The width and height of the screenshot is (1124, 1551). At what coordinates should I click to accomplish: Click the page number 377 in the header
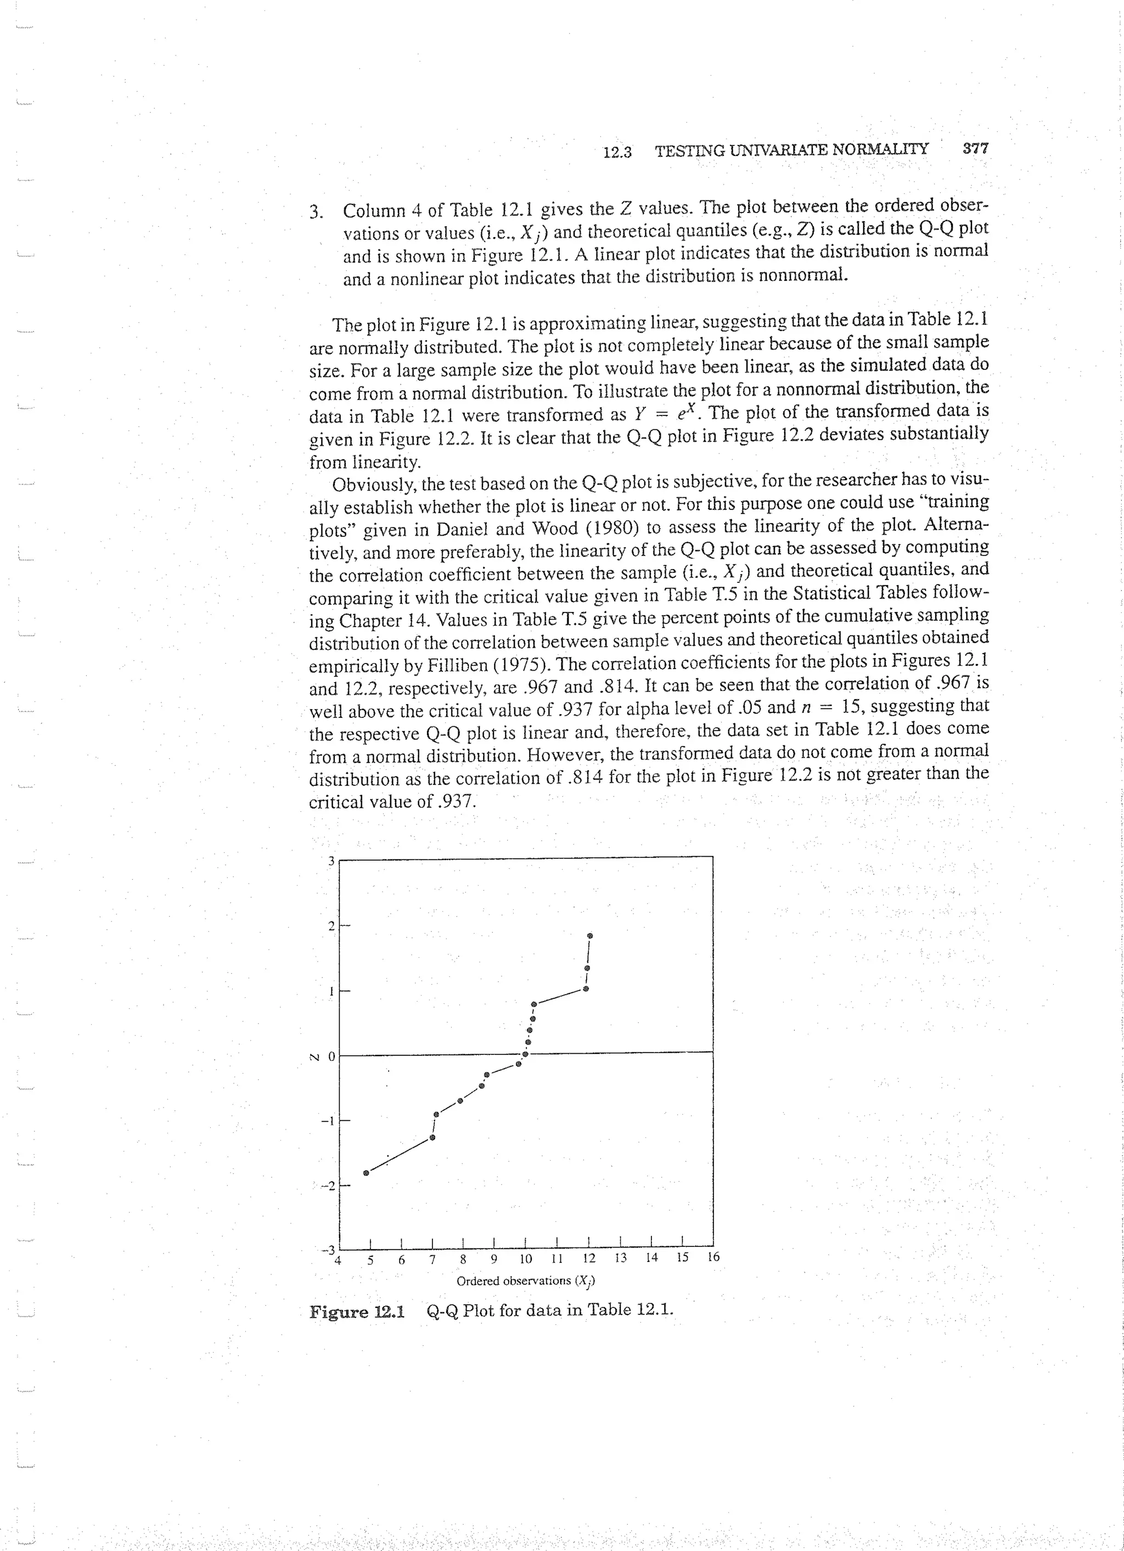tap(975, 148)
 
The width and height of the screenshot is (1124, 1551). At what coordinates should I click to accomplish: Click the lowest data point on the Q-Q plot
tap(366, 1173)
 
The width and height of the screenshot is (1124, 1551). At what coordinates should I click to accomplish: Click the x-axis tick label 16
tap(713, 1257)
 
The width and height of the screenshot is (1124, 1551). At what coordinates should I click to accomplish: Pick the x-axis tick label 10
tap(525, 1259)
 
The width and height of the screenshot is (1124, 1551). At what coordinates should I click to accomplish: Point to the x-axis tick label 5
tap(370, 1260)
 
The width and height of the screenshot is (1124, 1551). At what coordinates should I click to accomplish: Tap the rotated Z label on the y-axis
tap(314, 1056)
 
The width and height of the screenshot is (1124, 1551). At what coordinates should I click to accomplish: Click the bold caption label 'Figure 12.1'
tap(357, 1312)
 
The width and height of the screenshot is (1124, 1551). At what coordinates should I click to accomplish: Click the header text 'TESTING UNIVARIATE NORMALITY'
tap(792, 150)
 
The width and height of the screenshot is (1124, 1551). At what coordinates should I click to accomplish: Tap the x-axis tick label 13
tap(620, 1257)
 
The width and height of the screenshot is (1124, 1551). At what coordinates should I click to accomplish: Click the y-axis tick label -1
tap(328, 1120)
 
